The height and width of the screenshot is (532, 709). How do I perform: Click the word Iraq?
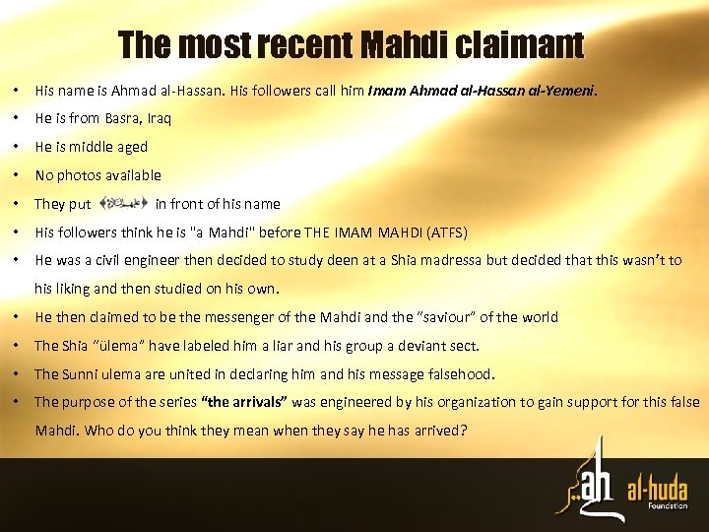(159, 118)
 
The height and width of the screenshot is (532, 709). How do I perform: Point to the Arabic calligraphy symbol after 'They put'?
(124, 204)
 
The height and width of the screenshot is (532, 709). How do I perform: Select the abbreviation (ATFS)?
(445, 233)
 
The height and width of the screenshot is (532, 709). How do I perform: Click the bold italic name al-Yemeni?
(560, 91)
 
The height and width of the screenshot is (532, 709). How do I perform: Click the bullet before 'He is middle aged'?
(19, 147)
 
